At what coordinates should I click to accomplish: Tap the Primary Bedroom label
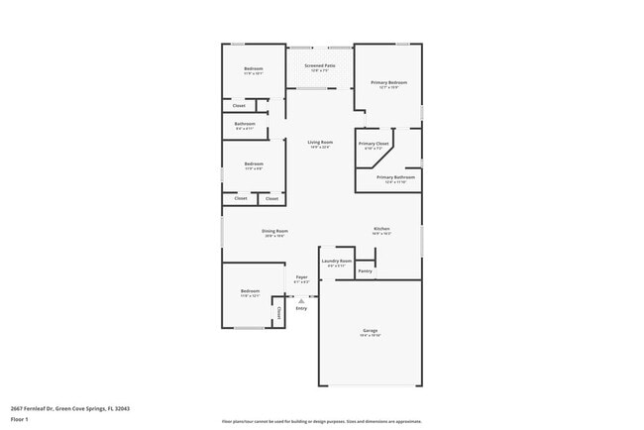tap(389, 82)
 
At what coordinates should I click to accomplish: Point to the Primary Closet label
tap(374, 144)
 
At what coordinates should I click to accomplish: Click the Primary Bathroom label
tap(395, 177)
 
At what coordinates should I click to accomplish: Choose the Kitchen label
tap(381, 229)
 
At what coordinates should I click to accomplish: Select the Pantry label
tap(365, 269)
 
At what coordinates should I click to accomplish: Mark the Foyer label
tap(301, 277)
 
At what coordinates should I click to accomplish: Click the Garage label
tap(370, 330)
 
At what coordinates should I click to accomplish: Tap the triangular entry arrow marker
tap(301, 300)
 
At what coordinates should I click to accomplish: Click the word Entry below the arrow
tap(301, 308)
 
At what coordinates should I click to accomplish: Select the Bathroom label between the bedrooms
tap(245, 124)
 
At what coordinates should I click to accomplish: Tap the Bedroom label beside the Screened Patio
tap(254, 68)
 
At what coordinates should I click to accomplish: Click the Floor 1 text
tap(21, 419)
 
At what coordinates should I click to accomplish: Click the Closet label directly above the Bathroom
tap(239, 105)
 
